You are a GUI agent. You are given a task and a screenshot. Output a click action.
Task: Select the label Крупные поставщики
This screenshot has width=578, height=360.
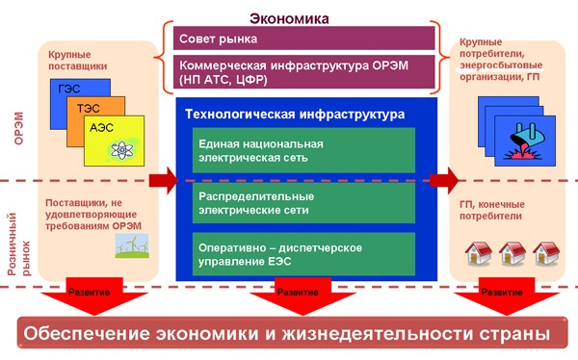click(x=78, y=60)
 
